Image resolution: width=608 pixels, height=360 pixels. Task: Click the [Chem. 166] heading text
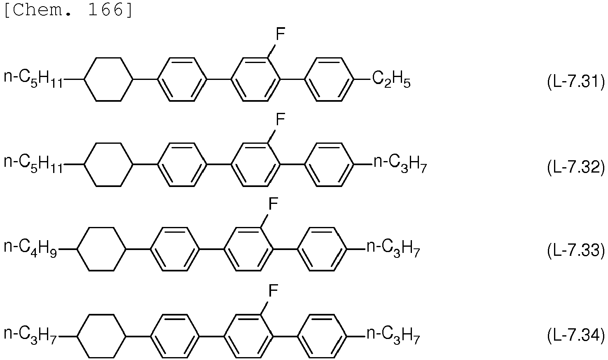tap(68, 11)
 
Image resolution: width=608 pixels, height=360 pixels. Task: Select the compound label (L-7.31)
tap(576, 82)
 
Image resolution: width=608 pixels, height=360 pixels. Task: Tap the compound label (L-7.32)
tap(576, 167)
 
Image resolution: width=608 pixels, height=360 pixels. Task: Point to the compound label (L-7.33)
tap(576, 250)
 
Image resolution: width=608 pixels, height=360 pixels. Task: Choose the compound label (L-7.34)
tap(576, 335)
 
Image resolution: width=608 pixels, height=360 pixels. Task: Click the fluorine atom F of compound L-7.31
tap(280, 35)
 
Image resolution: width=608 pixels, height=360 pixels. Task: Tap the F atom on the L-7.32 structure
tap(280, 119)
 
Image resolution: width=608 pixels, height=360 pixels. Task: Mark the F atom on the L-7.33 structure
tap(273, 204)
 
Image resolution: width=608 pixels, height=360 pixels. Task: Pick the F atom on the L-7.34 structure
tap(273, 291)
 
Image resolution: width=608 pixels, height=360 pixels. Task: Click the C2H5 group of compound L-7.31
tap(391, 79)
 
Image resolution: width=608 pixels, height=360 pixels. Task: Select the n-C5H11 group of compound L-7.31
tap(33, 79)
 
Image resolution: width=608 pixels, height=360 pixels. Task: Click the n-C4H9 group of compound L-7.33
tap(30, 248)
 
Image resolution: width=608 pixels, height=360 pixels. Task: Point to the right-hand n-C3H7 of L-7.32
tap(400, 164)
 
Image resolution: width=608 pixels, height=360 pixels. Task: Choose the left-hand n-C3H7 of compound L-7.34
tap(30, 336)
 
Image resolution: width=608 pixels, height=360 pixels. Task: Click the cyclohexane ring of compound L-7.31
tap(84, 79)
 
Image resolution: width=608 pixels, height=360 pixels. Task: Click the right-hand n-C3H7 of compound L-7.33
tap(393, 249)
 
